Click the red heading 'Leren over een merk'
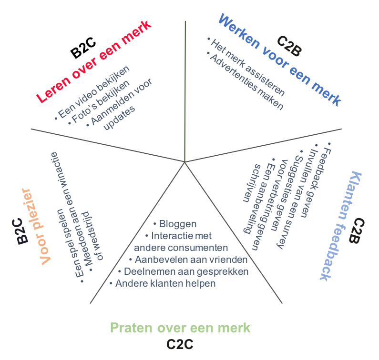click(x=94, y=61)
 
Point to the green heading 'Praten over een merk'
click(x=180, y=328)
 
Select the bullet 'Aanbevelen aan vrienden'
click(x=188, y=260)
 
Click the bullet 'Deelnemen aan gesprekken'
click(x=183, y=271)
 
